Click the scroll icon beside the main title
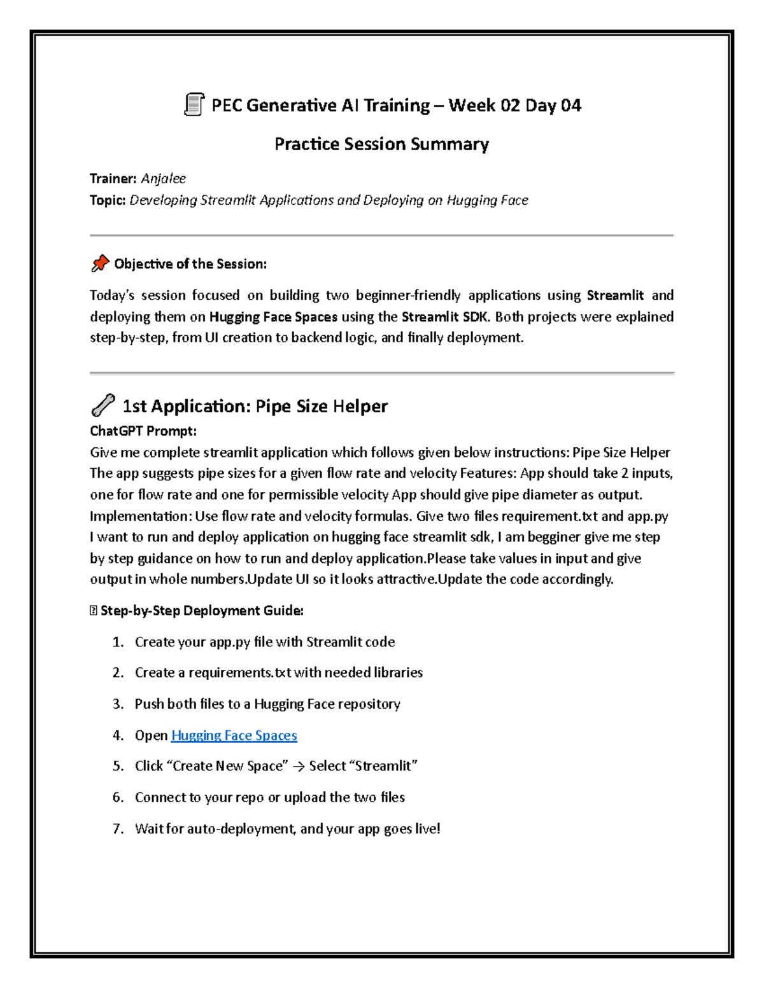pos(194,104)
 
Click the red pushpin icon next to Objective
pos(100,263)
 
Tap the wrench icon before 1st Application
pos(103,405)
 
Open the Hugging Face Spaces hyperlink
pos(234,735)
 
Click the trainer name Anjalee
pos(163,179)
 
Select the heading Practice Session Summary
pos(381,144)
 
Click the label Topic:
pos(108,200)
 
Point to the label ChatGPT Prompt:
pos(143,431)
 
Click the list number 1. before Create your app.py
pos(118,642)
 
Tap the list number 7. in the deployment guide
pos(118,829)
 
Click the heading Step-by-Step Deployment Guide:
pos(202,611)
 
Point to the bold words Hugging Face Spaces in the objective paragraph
pos(273,317)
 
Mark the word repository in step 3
pos(369,704)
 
